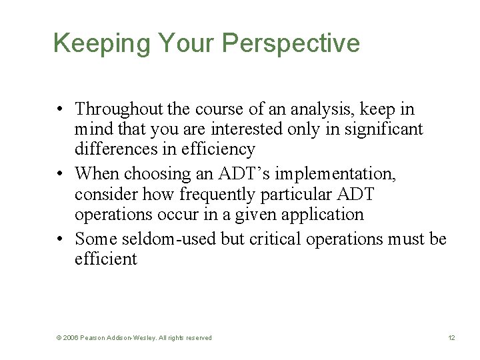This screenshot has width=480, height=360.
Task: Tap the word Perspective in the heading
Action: pyautogui.click(x=291, y=44)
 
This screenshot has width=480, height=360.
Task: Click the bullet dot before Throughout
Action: pyautogui.click(x=60, y=109)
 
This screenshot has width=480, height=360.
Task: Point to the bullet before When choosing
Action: pyautogui.click(x=60, y=174)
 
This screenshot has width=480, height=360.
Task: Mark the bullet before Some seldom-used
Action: pyautogui.click(x=60, y=239)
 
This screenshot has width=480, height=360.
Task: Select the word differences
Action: pyautogui.click(x=113, y=149)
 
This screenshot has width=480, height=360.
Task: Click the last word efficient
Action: pyautogui.click(x=105, y=259)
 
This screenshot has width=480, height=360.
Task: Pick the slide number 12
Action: pyautogui.click(x=451, y=338)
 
